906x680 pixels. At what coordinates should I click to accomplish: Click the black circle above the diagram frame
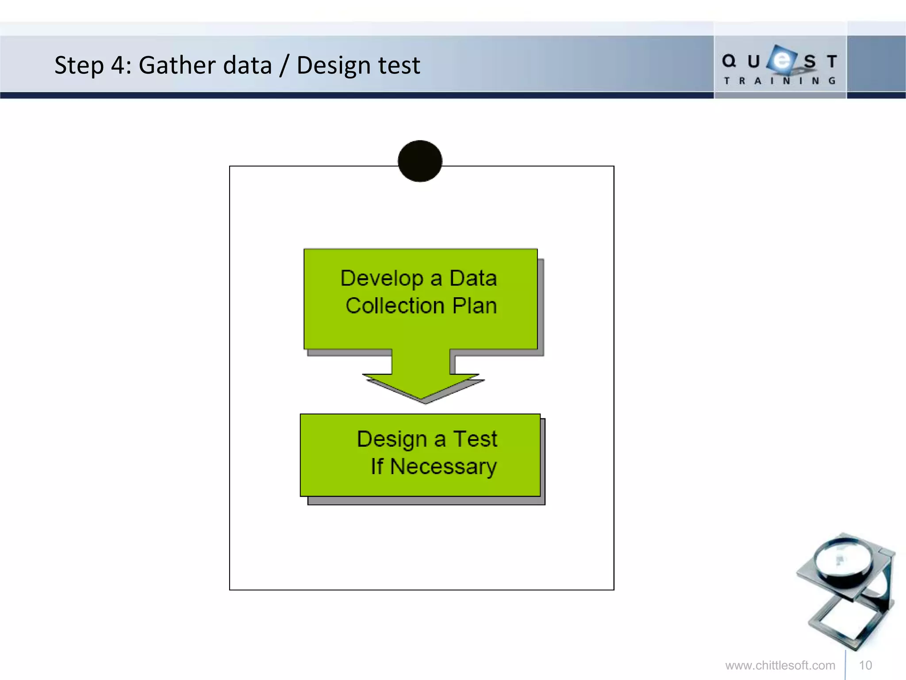420,161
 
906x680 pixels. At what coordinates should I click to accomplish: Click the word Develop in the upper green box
382,278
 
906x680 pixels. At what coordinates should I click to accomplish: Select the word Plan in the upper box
475,306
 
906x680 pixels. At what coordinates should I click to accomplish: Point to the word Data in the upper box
473,278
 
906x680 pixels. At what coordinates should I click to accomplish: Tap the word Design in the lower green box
392,440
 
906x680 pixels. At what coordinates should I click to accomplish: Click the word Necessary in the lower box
443,467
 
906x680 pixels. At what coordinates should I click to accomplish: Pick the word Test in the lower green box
475,439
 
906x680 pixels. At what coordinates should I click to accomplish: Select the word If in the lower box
377,467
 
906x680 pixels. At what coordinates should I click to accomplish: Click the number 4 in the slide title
118,66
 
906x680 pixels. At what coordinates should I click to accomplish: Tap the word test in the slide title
396,66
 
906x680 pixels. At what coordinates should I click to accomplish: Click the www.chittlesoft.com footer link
780,665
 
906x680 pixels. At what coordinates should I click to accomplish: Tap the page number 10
865,665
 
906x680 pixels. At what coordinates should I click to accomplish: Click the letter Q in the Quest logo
729,61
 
